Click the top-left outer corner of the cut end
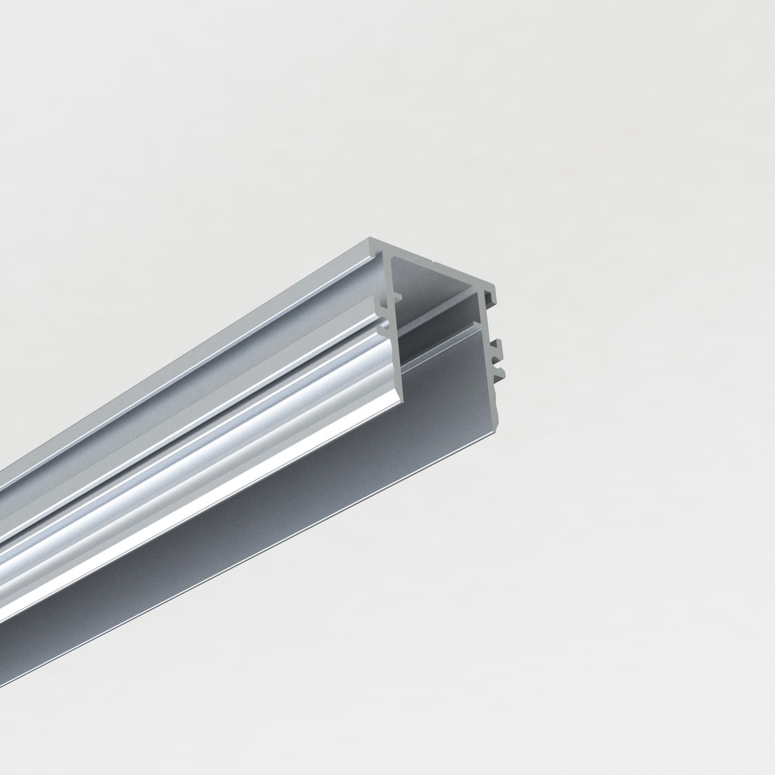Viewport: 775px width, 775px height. pyautogui.click(x=370, y=238)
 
